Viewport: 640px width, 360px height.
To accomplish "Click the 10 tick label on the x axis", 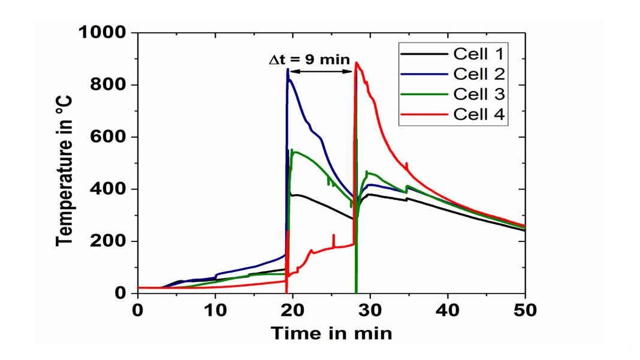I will pyautogui.click(x=215, y=310).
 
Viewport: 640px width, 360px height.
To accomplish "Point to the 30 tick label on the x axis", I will pyautogui.click(x=370, y=310).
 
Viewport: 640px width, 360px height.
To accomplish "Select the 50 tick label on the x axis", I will pyautogui.click(x=525, y=310).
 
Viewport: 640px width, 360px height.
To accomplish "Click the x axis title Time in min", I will pyautogui.click(x=331, y=332).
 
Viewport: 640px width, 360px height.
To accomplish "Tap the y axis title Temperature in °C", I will pyautogui.click(x=65, y=163).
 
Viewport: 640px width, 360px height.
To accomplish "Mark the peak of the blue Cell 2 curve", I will pyautogui.click(x=288, y=69).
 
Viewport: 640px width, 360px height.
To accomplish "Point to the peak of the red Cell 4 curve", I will pyautogui.click(x=357, y=62).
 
